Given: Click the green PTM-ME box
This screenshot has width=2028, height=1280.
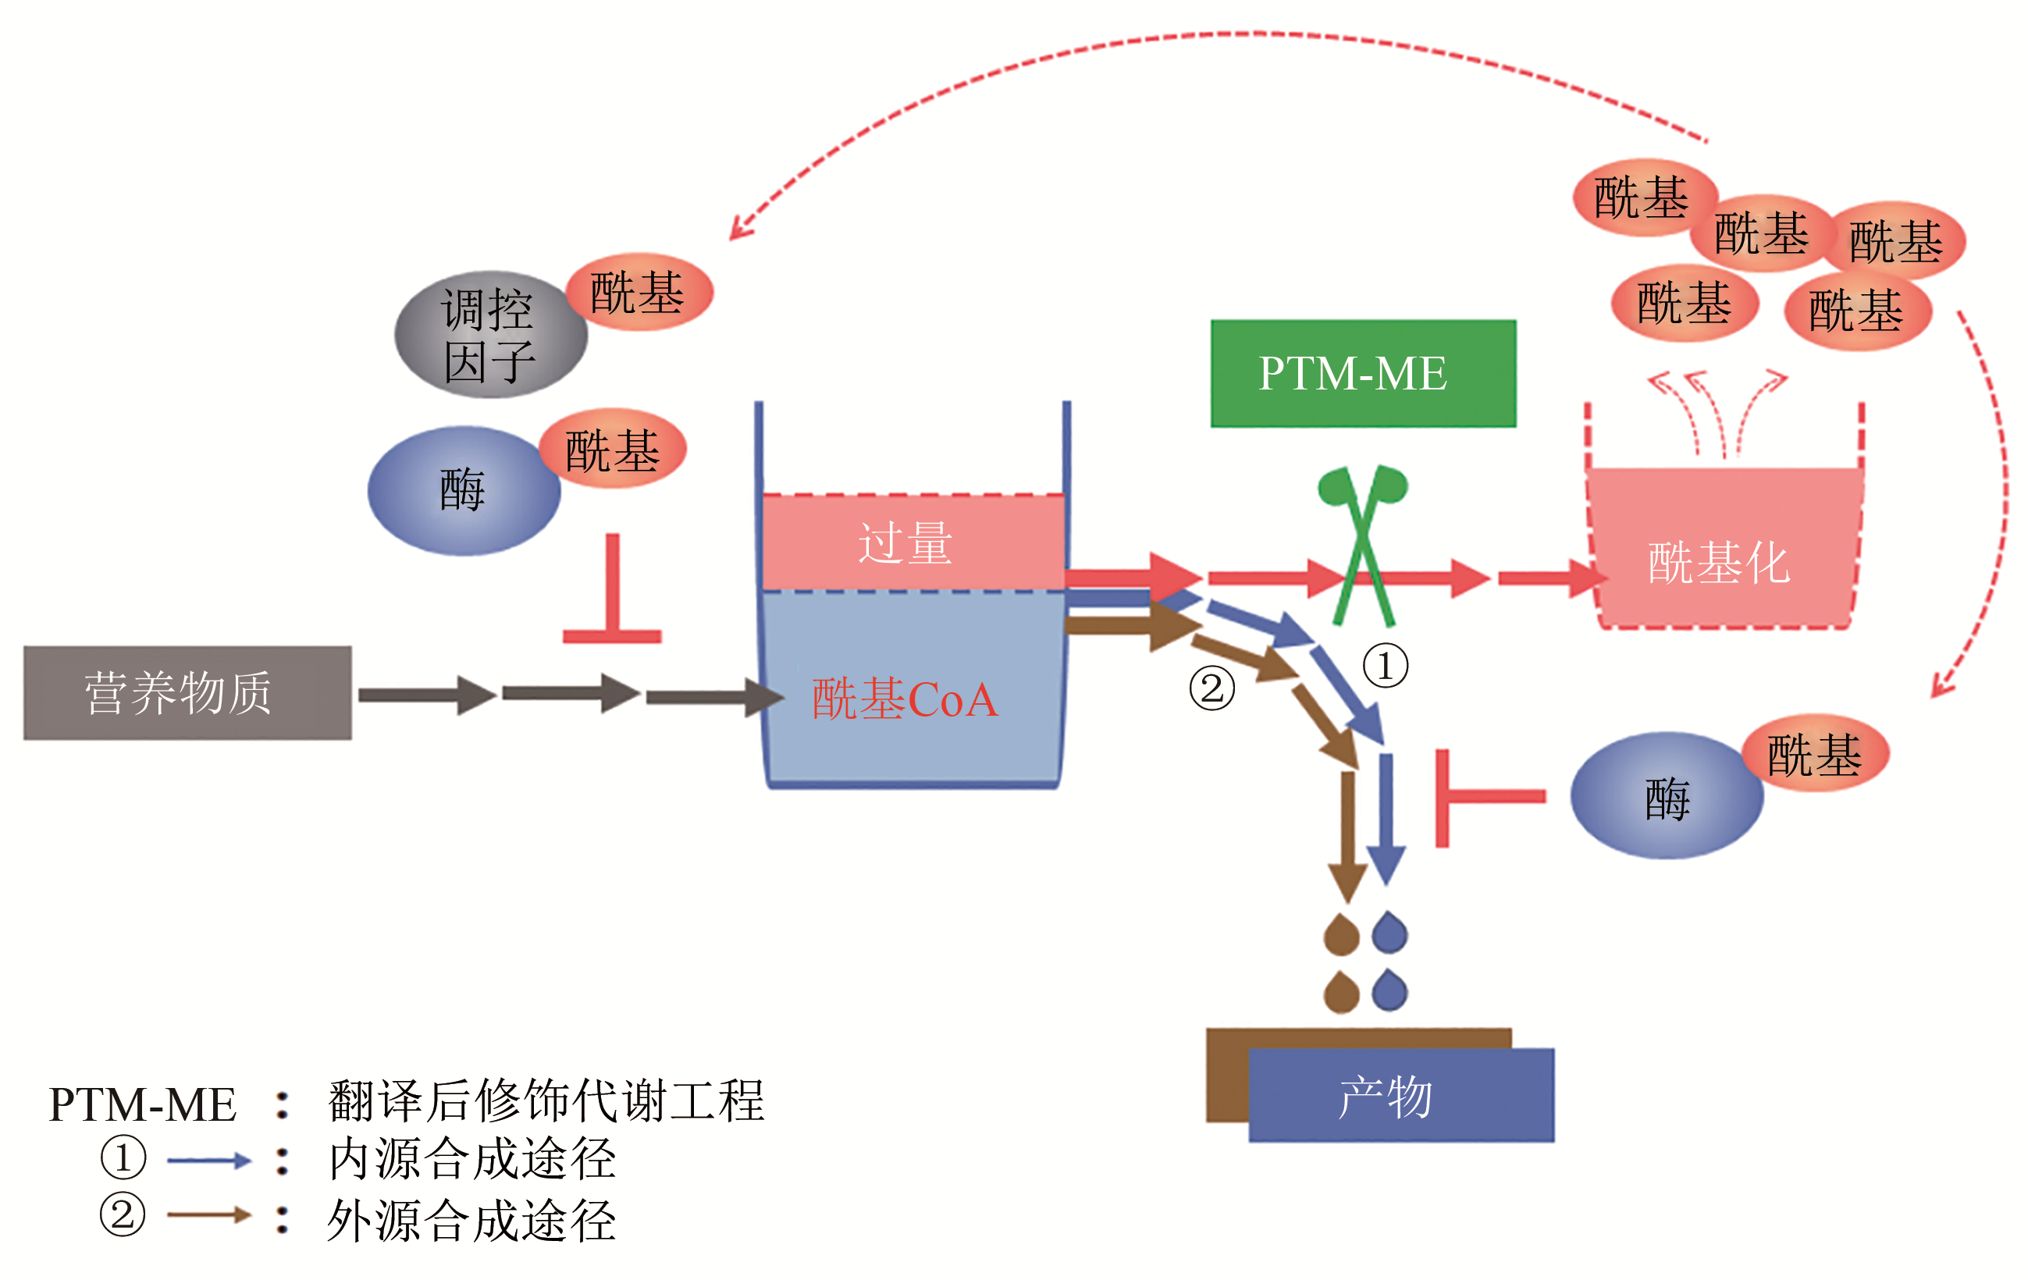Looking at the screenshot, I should (x=1363, y=373).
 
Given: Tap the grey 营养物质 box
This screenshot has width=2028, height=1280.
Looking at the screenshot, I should (x=187, y=692).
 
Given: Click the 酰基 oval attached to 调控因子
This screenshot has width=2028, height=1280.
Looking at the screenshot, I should (x=639, y=292).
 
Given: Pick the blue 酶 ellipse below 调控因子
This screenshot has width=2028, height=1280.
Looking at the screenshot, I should (x=463, y=490).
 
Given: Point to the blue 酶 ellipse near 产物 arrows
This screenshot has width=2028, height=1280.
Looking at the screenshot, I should (x=1666, y=797).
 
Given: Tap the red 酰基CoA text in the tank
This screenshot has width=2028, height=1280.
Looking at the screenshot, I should (x=905, y=699).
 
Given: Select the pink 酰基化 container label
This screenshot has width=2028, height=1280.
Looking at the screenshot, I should (x=1718, y=563).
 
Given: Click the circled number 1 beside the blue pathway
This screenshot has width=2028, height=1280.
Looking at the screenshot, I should (x=1386, y=665).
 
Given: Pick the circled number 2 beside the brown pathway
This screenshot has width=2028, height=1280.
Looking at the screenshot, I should (x=1211, y=688).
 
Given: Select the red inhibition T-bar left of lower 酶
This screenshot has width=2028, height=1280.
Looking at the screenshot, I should (x=1482, y=797).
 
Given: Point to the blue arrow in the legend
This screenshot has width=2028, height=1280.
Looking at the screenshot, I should (x=209, y=1161).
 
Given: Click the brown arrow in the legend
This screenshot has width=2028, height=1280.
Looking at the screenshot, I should (x=209, y=1214).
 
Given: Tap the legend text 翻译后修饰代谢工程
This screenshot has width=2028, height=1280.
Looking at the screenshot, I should (x=546, y=1101).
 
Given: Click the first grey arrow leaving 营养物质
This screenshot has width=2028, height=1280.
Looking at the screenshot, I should (x=426, y=695).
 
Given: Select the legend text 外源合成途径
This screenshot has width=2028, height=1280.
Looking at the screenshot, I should (x=471, y=1220).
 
